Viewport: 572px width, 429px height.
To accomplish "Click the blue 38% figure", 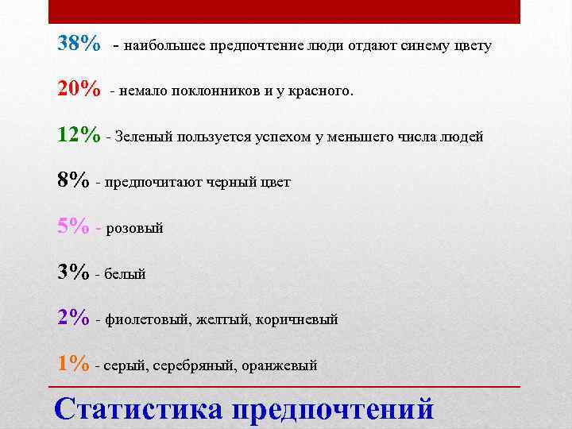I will [79, 44].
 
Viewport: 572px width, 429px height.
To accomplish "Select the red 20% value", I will [79, 89].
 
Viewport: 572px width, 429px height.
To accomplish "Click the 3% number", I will [73, 272].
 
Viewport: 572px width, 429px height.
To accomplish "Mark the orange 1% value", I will [73, 364].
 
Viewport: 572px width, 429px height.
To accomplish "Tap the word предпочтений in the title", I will [333, 408].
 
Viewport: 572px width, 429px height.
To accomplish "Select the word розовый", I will [134, 229].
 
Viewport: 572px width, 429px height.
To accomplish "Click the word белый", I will [126, 275].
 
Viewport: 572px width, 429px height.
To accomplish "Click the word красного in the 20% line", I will [316, 91].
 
